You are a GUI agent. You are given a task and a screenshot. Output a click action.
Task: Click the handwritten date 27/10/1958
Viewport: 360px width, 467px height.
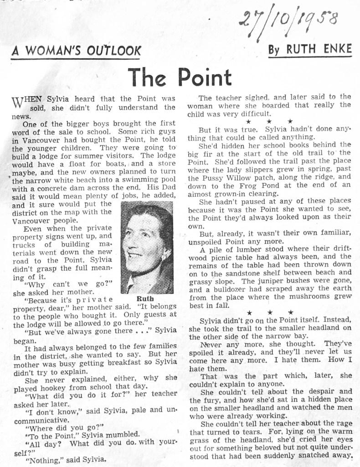(x=290, y=23)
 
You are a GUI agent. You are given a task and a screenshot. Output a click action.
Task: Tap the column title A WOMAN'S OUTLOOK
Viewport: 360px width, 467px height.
(x=76, y=51)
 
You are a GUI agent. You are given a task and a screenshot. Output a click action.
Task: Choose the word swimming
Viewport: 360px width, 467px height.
(x=143, y=181)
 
